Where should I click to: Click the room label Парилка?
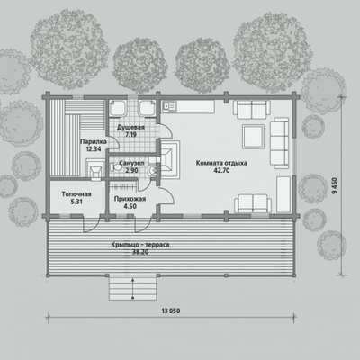[94, 141]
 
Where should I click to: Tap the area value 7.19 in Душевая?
[130, 135]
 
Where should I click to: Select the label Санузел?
[131, 163]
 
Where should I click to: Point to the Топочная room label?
[76, 194]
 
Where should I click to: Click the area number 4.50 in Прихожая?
[130, 206]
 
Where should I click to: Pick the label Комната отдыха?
[221, 163]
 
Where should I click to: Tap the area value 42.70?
[221, 170]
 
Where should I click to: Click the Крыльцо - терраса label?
[140, 245]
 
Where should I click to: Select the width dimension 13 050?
[171, 310]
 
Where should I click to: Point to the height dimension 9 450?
[335, 186]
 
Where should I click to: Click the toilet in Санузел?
[114, 167]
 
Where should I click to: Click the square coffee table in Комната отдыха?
[253, 137]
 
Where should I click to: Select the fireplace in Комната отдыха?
[170, 159]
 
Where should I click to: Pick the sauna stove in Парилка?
[95, 170]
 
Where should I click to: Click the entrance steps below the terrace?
[132, 288]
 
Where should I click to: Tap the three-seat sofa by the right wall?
[279, 143]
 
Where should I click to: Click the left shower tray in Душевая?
[117, 108]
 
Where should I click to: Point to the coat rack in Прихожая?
[123, 187]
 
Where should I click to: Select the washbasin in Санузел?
[153, 171]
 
